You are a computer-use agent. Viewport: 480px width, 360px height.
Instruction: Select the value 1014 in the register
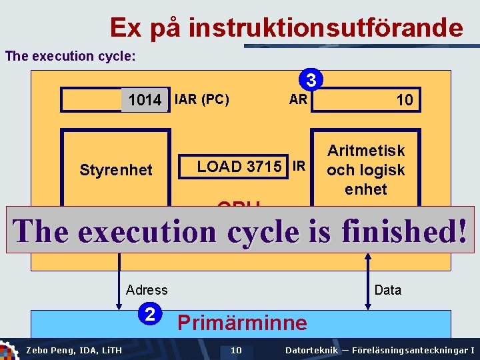pos(145,100)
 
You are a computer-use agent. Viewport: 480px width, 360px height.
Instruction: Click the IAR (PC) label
pos(201,100)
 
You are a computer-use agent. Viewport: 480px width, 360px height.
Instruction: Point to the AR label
pos(298,99)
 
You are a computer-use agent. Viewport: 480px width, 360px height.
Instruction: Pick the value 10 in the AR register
pos(405,100)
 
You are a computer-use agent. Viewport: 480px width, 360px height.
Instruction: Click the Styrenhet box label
pos(116,170)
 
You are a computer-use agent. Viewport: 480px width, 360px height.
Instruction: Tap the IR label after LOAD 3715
pos(299,166)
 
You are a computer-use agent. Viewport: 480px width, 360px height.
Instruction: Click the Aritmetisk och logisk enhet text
pos(366,170)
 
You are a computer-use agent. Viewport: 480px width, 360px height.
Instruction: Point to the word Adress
pos(147,289)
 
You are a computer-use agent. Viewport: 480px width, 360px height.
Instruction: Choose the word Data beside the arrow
pos(388,289)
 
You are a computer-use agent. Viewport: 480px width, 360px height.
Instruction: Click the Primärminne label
pos(242,323)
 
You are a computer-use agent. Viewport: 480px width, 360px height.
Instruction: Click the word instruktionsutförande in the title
pos(325,28)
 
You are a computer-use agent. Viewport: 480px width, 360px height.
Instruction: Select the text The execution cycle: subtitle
pos(70,56)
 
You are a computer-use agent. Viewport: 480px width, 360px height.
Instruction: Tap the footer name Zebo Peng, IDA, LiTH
pos(73,350)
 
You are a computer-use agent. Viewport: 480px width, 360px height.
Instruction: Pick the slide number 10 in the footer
pos(236,350)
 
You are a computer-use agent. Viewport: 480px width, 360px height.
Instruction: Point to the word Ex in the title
pos(126,28)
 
